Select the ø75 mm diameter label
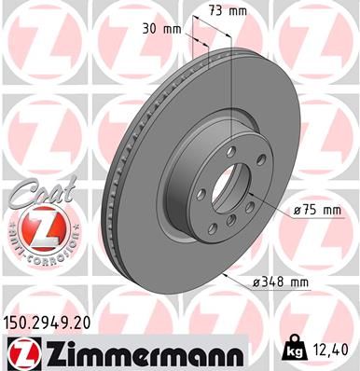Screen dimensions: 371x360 (316, 211)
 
